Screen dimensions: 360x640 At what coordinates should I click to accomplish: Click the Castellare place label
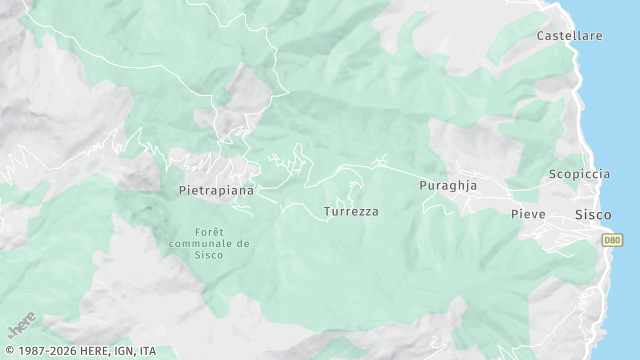tap(569, 36)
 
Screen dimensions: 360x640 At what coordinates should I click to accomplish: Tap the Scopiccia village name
tap(579, 174)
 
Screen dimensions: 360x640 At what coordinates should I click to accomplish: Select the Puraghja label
tap(448, 186)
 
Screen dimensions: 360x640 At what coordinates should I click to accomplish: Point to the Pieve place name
tap(528, 215)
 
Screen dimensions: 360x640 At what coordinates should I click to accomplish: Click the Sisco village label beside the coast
tap(593, 215)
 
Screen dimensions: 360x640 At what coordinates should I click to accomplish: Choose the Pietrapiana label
tap(216, 189)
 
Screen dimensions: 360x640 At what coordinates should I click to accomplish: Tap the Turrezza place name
tap(351, 212)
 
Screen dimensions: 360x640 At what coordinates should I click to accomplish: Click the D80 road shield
tap(611, 239)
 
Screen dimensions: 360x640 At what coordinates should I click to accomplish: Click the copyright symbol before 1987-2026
tap(8, 351)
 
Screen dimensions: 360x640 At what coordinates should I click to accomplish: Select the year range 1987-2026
tap(44, 351)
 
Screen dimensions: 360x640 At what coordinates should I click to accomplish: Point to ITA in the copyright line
tap(148, 351)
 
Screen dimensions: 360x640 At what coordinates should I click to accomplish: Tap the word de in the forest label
tap(243, 243)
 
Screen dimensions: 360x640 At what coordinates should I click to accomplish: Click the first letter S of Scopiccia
tap(552, 174)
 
